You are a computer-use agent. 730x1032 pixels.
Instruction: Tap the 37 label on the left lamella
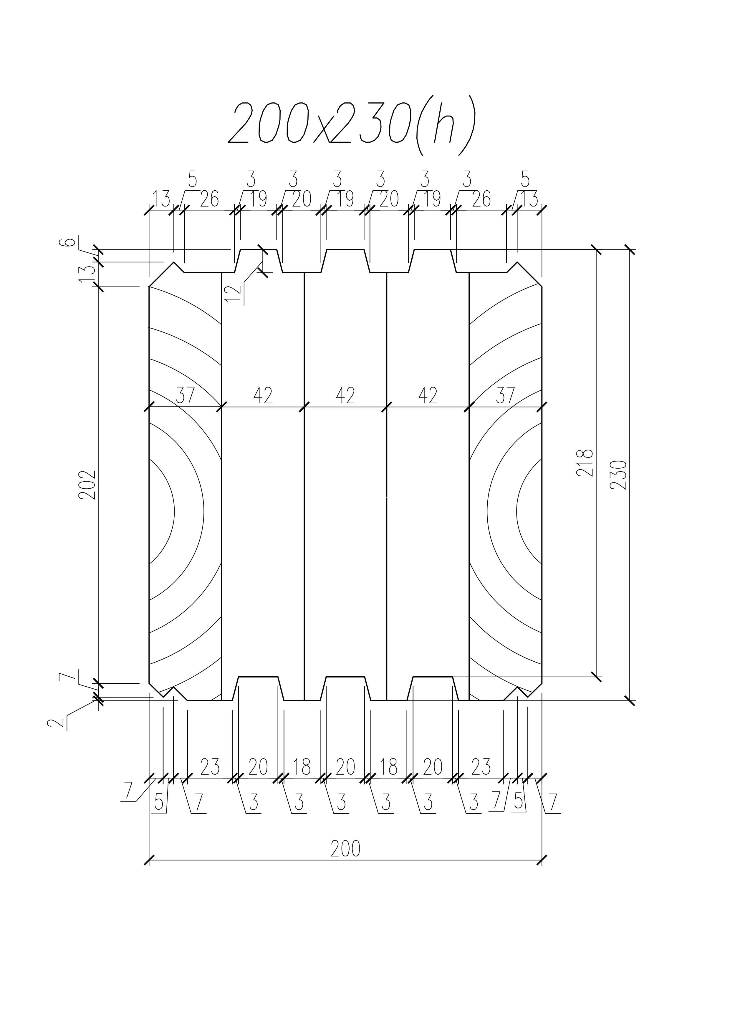(x=185, y=395)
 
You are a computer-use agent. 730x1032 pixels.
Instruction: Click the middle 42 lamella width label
(x=345, y=395)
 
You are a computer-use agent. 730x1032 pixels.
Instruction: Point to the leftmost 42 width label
(x=263, y=395)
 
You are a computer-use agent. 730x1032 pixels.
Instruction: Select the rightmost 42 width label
(x=428, y=395)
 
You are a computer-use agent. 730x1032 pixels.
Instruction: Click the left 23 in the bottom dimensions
(x=210, y=767)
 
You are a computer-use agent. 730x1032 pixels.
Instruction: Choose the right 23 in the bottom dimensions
(x=480, y=767)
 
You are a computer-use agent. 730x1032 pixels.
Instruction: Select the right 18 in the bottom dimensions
(x=389, y=767)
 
